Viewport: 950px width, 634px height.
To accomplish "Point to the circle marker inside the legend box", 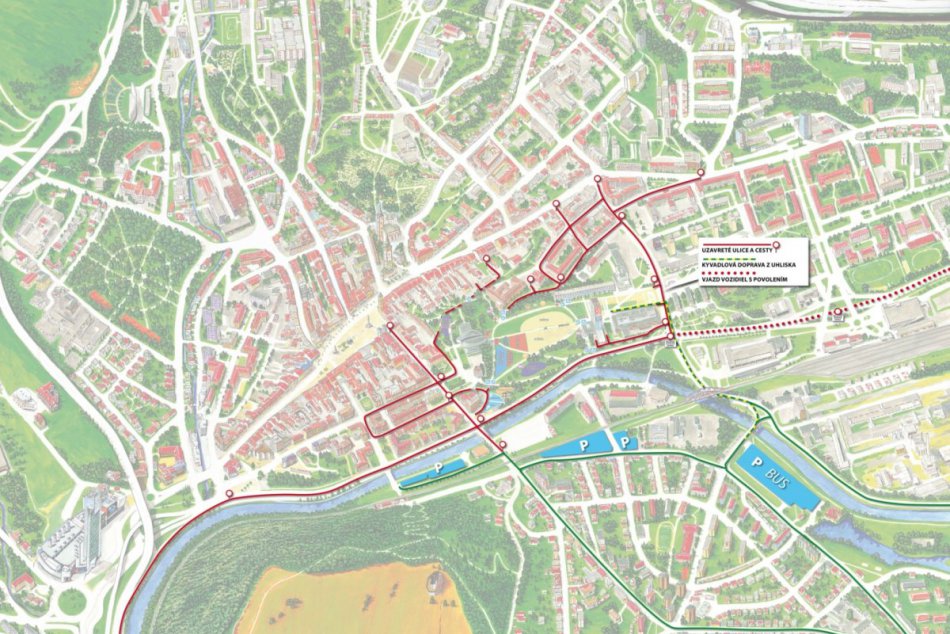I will coord(777,245).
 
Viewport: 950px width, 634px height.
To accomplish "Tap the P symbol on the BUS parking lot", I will coord(757,463).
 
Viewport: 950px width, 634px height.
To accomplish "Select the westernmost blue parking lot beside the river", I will coord(434,468).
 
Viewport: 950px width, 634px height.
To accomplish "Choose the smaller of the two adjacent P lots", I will coord(623,439).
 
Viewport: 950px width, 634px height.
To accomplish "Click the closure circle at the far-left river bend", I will coord(229,495).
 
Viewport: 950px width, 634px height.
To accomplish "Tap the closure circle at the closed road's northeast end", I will coord(701,172).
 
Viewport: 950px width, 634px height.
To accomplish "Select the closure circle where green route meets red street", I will coord(503,445).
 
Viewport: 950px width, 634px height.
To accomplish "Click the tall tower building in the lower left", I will coord(97,523).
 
